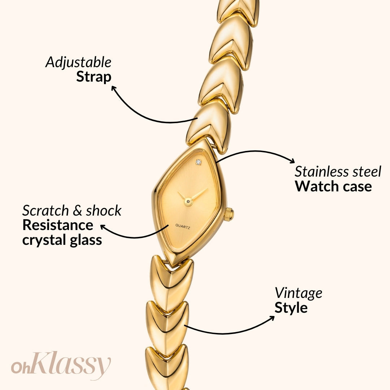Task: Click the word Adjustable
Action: pos(78,63)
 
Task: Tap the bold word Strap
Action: pos(94,77)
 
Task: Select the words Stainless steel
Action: pos(338,172)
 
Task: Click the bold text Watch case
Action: pos(333,186)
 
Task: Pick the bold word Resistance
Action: pos(58,225)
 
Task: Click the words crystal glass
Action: pos(62,240)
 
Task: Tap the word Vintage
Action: pos(298,293)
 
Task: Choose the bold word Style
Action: pos(291,308)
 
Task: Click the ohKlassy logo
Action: pos(61,365)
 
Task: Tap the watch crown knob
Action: pos(229,214)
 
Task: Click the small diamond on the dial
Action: pos(198,162)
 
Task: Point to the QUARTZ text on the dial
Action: pos(183,226)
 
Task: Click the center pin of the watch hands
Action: pos(188,200)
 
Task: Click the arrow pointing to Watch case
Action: pos(256,153)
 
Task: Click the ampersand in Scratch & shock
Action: pos(78,211)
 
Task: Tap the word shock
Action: pos(104,211)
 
